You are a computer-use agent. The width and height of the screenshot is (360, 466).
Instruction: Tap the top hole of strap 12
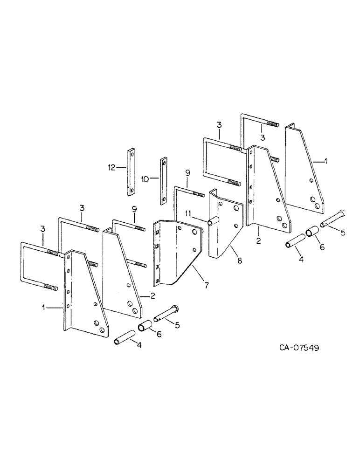[131, 154]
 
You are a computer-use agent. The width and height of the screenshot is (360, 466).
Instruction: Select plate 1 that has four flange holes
[84, 294]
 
